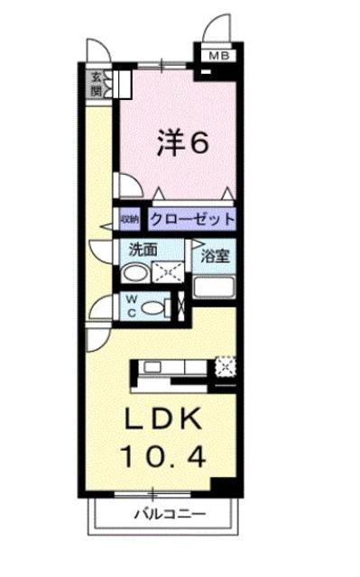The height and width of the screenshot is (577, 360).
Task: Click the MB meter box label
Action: (219, 56)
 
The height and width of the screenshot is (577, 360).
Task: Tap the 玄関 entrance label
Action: (96, 84)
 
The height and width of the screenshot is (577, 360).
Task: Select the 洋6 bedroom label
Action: (183, 142)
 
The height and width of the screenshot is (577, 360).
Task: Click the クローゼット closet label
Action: (192, 220)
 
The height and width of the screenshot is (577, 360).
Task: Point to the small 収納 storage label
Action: (130, 219)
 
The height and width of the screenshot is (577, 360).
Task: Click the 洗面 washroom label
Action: (143, 250)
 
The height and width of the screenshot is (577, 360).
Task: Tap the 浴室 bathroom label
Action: (216, 256)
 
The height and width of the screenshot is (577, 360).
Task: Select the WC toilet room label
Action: (132, 306)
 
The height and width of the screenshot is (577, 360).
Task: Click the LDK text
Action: (164, 418)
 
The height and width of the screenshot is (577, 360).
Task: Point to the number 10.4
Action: (163, 456)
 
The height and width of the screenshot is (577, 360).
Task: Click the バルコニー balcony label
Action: (170, 514)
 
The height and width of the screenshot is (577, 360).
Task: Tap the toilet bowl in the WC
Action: (152, 307)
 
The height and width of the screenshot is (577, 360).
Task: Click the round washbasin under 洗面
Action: (134, 274)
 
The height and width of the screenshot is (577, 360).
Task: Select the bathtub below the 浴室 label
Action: (214, 288)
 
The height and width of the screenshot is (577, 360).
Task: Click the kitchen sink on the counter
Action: (152, 367)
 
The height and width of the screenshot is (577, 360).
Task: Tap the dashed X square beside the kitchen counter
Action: (226, 366)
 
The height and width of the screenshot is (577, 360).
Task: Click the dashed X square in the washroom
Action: (168, 272)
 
